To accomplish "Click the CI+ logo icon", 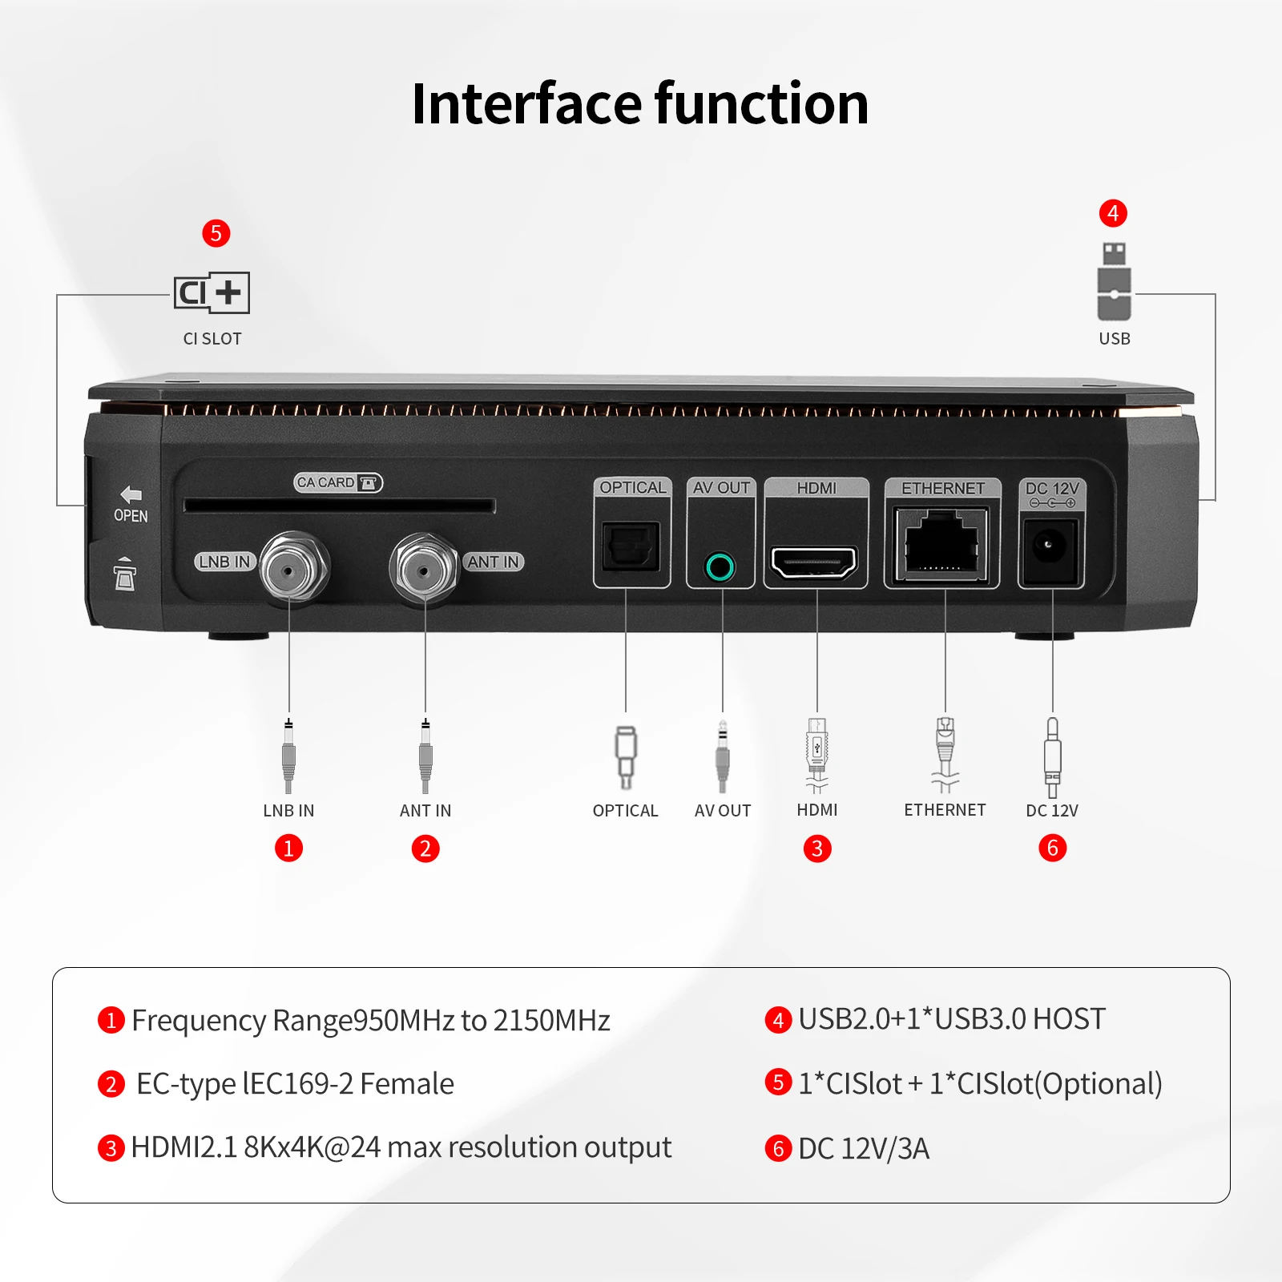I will (x=212, y=292).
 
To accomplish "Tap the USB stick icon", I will (x=1114, y=281).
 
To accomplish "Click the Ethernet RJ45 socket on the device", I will (x=942, y=545).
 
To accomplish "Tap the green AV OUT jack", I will (x=720, y=567).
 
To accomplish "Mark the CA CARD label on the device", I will (x=337, y=482).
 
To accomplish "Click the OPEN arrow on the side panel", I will (x=131, y=494).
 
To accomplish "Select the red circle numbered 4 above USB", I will (x=1113, y=213).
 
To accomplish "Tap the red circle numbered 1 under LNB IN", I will (x=288, y=848).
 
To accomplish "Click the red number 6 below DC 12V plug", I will (x=1052, y=848).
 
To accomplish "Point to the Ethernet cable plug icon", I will (x=945, y=753).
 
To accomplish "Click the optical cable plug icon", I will (x=626, y=756).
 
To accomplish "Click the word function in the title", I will (x=761, y=104).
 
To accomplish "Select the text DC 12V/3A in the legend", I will (x=864, y=1148).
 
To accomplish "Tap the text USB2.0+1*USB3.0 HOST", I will (x=952, y=1019).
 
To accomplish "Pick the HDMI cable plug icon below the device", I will (x=816, y=753).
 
